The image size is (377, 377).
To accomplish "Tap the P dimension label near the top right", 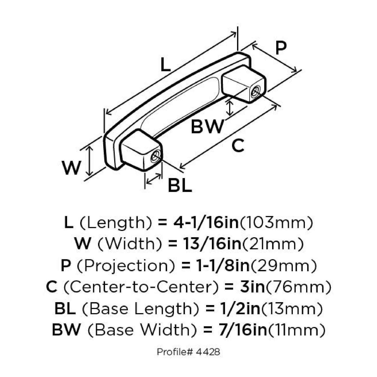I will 281,48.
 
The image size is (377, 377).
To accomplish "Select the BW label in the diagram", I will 207,126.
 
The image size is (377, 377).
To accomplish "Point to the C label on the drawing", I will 238,146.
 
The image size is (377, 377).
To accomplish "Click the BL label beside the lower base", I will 180,185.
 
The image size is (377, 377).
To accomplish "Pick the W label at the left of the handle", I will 72,168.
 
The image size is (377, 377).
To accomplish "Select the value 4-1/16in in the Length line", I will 206,223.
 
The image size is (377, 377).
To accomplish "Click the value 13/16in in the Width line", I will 212,244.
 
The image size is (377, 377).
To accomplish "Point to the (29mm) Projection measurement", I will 284,266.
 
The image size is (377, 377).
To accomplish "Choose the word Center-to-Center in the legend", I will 141,287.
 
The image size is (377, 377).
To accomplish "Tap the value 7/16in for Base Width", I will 242,330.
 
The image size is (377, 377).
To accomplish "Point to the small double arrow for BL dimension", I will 154,179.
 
